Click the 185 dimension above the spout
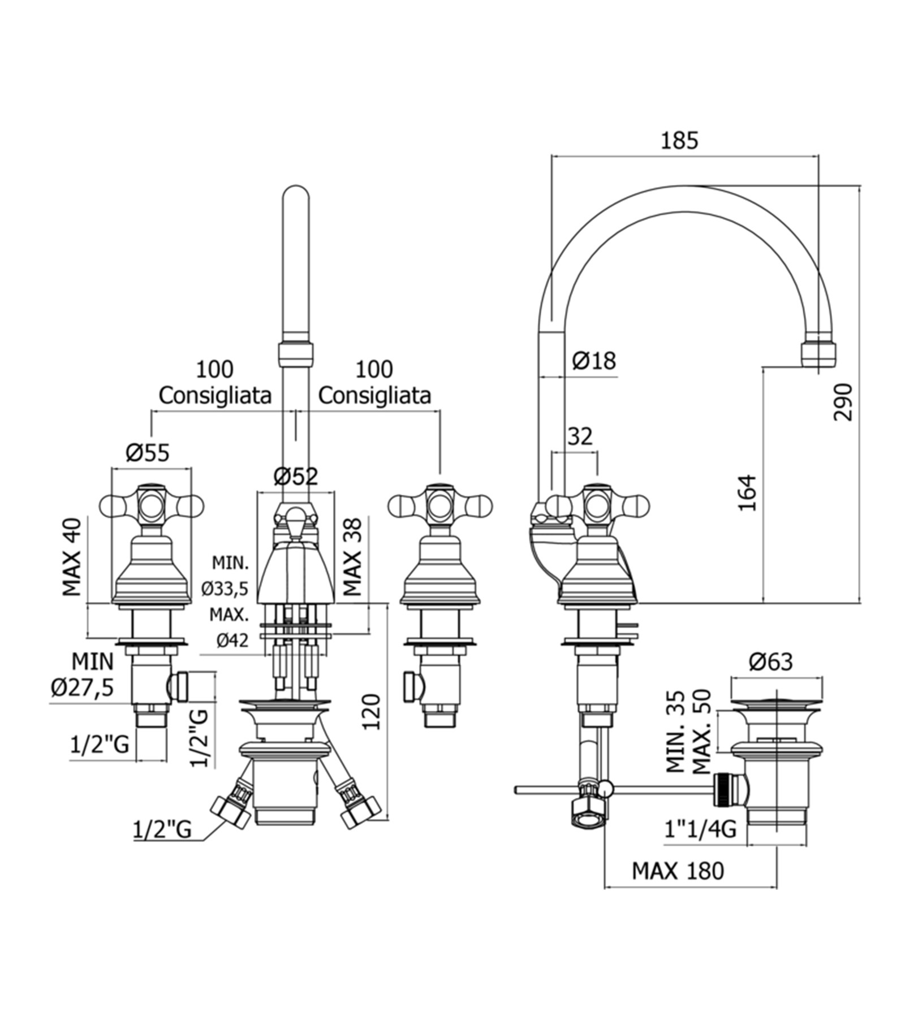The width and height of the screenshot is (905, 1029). [x=679, y=140]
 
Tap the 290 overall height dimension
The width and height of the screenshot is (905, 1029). [x=842, y=402]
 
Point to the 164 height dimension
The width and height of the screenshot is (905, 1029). [x=748, y=492]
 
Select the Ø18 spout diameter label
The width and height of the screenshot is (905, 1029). [x=593, y=360]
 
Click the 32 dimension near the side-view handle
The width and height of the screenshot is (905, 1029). [x=580, y=436]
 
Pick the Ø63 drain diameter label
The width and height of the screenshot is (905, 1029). [x=772, y=661]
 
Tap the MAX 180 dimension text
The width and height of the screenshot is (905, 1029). [x=678, y=871]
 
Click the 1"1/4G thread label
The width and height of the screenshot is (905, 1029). [x=700, y=829]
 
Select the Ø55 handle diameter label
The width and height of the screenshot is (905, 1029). [x=148, y=452]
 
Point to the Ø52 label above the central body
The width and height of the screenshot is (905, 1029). [x=296, y=477]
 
